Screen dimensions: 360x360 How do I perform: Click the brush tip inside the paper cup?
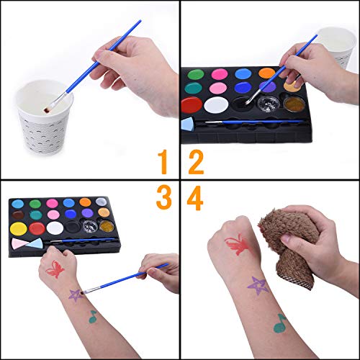[48, 111]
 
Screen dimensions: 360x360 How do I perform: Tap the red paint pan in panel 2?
[192, 105]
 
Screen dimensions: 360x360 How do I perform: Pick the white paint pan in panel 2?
[215, 105]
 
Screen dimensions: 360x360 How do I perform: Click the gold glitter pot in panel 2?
[294, 103]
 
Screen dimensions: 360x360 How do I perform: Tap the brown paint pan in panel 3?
[17, 215]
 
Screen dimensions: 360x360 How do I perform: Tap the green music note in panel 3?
[93, 315]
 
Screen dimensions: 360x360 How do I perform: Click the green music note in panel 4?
[279, 323]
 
